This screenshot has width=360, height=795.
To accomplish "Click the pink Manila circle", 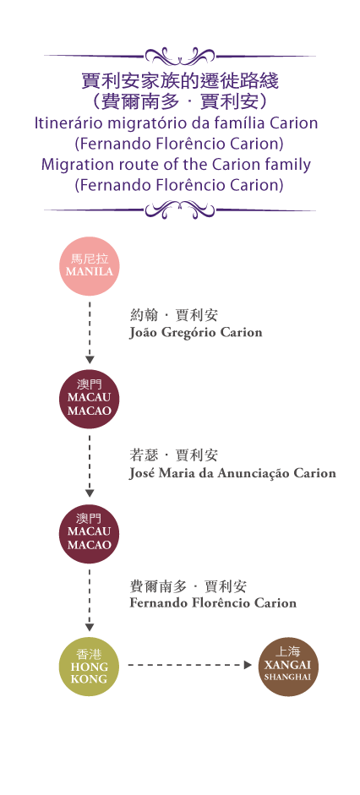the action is coord(90,265).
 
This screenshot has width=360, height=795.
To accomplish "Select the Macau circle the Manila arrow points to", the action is coord(90,399).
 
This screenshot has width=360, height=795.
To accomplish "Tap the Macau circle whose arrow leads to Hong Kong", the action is coord(90,533).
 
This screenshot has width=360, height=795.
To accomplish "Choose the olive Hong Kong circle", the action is coord(90,667).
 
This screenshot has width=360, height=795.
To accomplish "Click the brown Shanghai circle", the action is coord(288,667).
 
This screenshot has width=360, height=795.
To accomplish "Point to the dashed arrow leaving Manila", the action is coord(90,333).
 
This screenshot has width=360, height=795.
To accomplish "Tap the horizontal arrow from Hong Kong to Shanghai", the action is coord(189,665).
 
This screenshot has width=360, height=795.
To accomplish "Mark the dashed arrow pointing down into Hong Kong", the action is coord(90,601).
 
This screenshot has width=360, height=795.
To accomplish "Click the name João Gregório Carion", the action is coord(196,333).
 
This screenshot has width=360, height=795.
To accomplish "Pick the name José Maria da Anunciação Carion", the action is coord(232,474).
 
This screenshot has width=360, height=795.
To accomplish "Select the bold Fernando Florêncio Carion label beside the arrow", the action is coord(213,603).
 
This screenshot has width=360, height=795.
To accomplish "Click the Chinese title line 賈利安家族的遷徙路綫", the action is coord(180,80).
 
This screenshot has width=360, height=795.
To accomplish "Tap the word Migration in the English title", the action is coord(77,165).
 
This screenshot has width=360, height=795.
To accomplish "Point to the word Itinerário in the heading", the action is coord(67,123).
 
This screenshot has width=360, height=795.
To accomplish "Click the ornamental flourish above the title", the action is coord(180,55).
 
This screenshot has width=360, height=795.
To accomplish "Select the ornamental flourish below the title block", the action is coord(180,209).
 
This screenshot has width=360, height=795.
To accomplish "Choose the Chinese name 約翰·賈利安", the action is coord(174,315).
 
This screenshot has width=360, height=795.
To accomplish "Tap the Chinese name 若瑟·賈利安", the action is coord(174,455).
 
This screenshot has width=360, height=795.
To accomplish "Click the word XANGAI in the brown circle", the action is coord(288,665).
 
